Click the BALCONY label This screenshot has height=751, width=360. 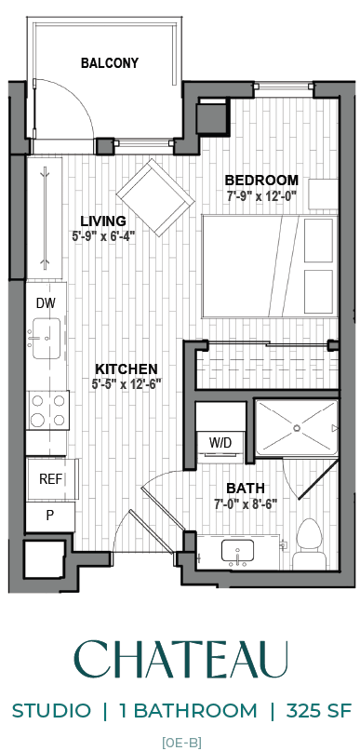point(109,63)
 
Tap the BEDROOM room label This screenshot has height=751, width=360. point(262,180)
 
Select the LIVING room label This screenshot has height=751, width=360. point(102,221)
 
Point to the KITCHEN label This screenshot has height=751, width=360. point(125,369)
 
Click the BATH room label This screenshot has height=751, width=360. point(246,488)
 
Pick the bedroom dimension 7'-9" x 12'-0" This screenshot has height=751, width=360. point(262,196)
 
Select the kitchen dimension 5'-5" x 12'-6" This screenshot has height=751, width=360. point(125,384)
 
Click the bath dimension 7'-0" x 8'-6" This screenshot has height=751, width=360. point(246,504)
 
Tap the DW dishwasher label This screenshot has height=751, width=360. point(46,303)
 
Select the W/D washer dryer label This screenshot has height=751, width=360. point(220,442)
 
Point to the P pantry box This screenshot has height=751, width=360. point(49,515)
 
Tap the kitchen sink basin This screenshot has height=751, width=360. point(46,337)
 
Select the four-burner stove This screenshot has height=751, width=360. point(48,408)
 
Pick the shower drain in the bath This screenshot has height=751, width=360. point(296,427)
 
